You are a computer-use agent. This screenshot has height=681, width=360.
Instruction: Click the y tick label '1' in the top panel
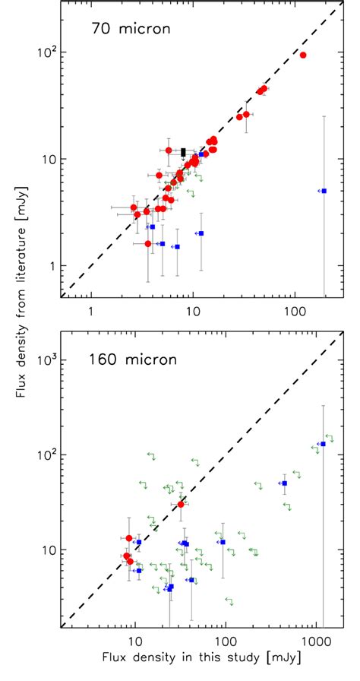point(52,266)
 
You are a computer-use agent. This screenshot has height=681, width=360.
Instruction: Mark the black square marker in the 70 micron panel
point(183,153)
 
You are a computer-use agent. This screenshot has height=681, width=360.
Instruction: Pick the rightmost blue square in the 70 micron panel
point(324,191)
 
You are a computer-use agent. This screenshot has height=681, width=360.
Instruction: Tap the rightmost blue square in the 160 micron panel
point(323,444)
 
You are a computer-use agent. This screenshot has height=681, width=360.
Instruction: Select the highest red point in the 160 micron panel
point(182,504)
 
